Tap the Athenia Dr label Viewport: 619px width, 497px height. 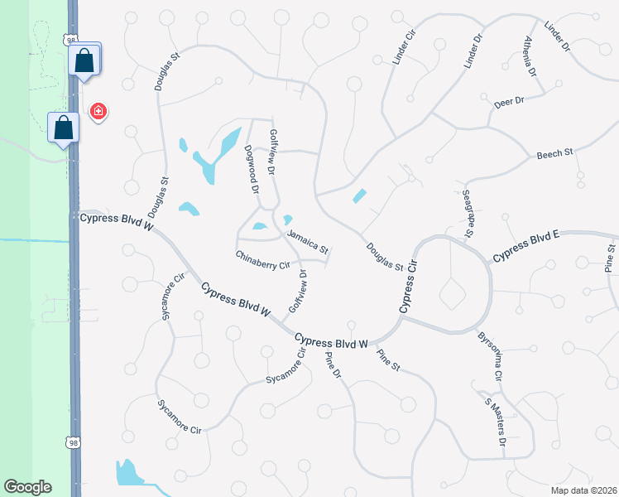[x=530, y=53]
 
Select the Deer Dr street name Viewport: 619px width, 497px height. [x=509, y=101]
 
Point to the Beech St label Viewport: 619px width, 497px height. [x=554, y=154]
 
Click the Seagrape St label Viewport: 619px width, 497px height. [x=466, y=212]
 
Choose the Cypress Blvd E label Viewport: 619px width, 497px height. [x=526, y=247]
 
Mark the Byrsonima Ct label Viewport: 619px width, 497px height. [x=489, y=356]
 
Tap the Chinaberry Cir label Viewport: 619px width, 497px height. [x=262, y=260]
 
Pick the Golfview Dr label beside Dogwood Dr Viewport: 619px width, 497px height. [x=271, y=152]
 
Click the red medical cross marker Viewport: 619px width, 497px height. [x=98, y=111]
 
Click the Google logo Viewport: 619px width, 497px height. [x=27, y=487]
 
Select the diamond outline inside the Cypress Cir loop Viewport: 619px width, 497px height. [x=453, y=292]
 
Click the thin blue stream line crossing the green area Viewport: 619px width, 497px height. [x=33, y=240]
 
